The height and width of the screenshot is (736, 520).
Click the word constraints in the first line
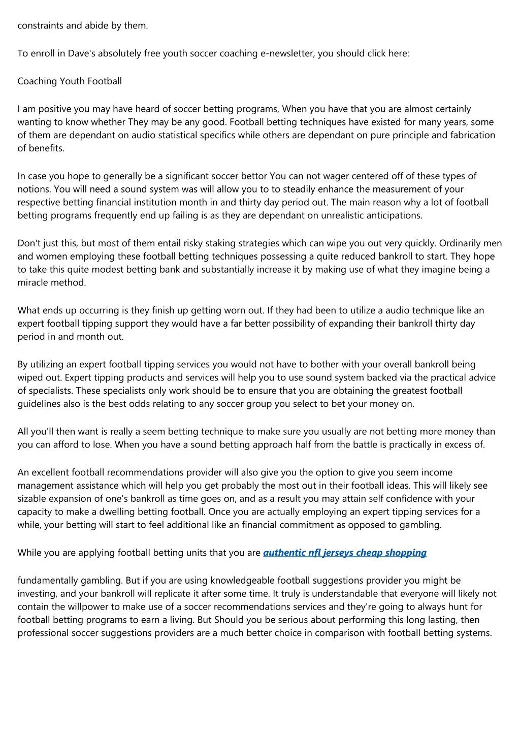(40, 25)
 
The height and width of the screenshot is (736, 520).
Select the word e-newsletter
(287, 53)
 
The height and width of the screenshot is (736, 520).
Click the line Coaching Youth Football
(70, 81)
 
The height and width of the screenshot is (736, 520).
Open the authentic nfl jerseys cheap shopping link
(345, 553)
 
